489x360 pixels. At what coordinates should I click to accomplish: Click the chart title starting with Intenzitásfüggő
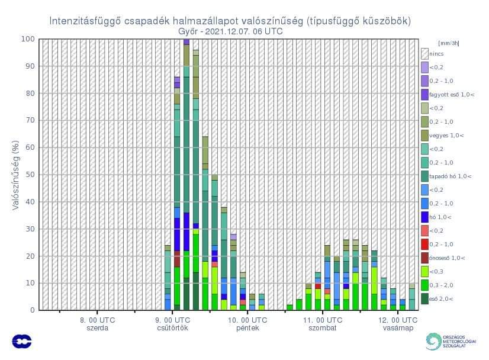coord(230,21)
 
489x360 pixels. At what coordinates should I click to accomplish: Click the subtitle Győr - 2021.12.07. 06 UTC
coord(230,31)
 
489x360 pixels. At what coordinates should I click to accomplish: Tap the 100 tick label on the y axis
coord(28,39)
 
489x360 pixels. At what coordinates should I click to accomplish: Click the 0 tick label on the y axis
coord(32,310)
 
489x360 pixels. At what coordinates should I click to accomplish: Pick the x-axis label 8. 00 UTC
coord(98,320)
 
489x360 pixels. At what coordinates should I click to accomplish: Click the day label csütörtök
coord(173,328)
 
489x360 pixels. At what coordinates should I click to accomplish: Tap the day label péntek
coord(247,328)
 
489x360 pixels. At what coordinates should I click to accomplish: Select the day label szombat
coord(323,328)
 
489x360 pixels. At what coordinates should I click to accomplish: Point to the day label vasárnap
coord(398,328)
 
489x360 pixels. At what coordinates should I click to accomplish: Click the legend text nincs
coord(437,54)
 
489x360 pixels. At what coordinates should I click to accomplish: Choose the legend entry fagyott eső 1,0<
coord(452,94)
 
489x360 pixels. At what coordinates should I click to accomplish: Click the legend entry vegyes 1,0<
coord(447,136)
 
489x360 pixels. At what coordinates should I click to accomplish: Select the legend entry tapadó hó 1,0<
coord(451,176)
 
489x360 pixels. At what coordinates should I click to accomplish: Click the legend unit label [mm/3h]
coord(448,43)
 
